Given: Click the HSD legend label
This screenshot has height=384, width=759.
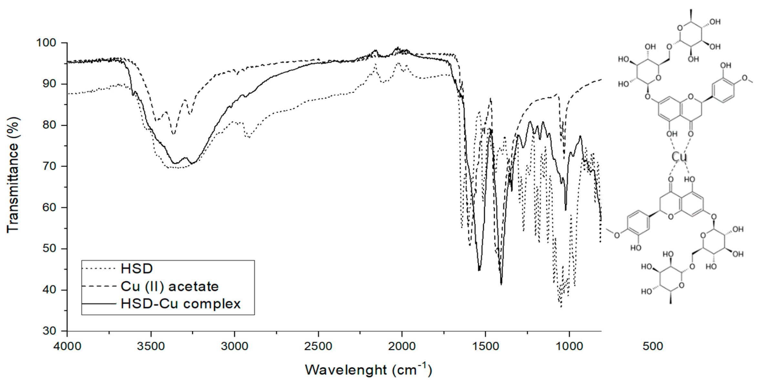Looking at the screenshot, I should tap(137, 269).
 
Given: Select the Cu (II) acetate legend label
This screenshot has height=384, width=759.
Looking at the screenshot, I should tap(169, 286).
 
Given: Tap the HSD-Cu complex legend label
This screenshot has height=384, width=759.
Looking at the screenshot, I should tap(181, 304).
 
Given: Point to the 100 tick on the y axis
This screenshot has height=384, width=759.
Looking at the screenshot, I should tap(46, 43).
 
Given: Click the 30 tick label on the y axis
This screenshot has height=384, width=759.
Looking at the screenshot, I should tap(49, 331).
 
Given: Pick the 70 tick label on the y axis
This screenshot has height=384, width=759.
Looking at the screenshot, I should tap(49, 166).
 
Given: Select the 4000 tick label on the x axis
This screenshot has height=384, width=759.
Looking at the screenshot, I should tap(67, 347).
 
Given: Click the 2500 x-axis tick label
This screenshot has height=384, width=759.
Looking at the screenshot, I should tap(318, 347).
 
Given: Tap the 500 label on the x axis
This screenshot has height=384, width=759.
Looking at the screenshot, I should tap(653, 347).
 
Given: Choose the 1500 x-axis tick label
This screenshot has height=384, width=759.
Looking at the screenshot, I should tap(485, 347).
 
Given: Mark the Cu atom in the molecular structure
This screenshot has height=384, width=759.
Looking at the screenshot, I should tap(679, 157).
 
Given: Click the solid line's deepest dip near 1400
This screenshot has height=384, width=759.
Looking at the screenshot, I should tap(501, 284).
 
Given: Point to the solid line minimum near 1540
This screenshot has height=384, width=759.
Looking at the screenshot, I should tap(479, 270).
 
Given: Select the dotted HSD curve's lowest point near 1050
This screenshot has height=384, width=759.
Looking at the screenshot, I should tap(561, 306).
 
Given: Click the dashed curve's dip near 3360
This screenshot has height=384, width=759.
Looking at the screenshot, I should tap(174, 134).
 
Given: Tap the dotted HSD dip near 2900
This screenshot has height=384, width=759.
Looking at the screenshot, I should tap(248, 137).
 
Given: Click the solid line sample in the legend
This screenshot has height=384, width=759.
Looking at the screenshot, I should tap(99, 304).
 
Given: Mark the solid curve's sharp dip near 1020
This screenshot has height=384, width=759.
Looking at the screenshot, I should tap(565, 210).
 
